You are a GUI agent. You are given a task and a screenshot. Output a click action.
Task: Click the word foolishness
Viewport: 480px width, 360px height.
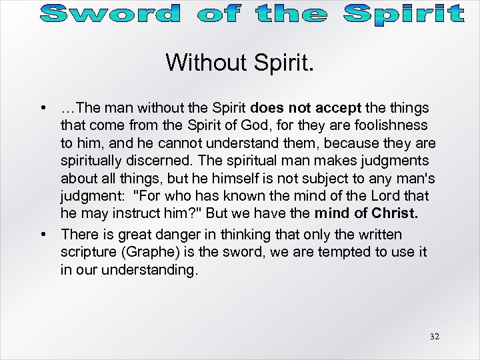[x=392, y=125]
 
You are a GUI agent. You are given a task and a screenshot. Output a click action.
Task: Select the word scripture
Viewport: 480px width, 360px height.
[x=87, y=252]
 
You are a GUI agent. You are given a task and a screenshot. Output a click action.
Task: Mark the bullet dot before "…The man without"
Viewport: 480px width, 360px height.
[x=43, y=108]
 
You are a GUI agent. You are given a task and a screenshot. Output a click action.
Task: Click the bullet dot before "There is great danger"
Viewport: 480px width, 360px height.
[x=43, y=235]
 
